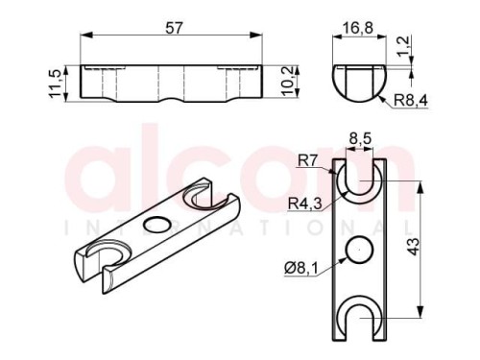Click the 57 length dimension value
[x=175, y=28]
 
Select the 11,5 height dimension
[x=55, y=84]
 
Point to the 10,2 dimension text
[x=287, y=81]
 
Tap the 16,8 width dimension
[x=359, y=28]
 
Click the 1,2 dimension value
[x=402, y=46]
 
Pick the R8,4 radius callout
[x=411, y=101]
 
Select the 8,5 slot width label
[x=360, y=139]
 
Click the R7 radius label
[x=307, y=160]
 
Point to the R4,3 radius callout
[x=304, y=204]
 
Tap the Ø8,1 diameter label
[x=301, y=268]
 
